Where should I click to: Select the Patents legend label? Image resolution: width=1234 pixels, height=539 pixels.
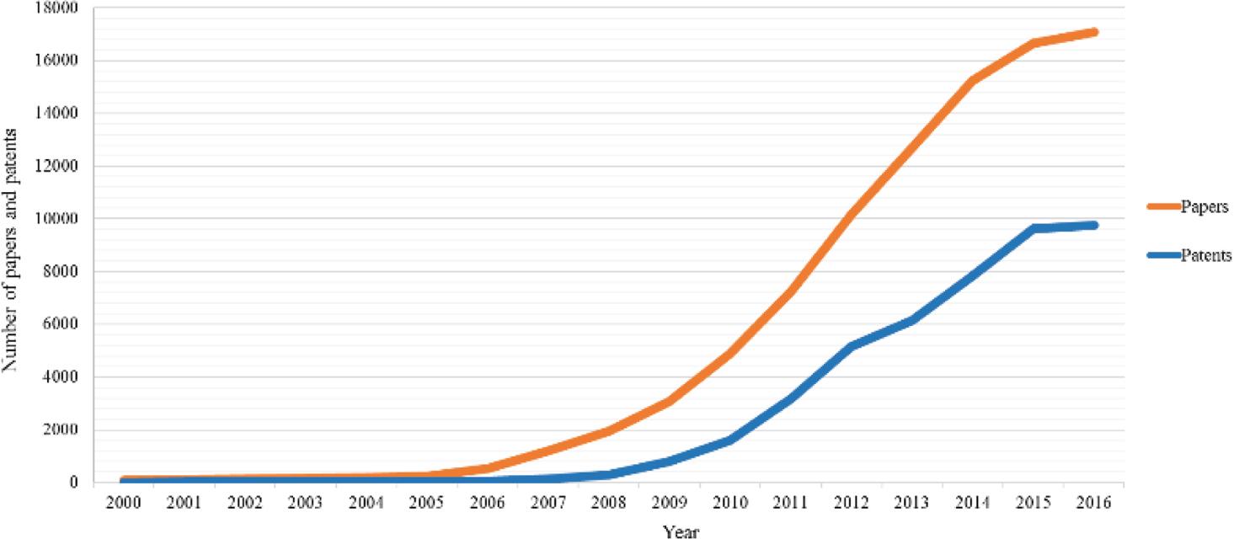click(1203, 256)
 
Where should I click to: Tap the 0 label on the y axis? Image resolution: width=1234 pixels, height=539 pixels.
click(75, 483)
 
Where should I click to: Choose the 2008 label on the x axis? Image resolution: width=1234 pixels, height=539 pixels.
click(608, 502)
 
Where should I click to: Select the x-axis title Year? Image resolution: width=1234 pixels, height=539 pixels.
click(681, 531)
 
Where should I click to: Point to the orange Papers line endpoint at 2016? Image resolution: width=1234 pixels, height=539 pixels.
click(1093, 32)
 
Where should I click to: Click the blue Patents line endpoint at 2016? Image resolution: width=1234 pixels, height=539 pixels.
click(1093, 225)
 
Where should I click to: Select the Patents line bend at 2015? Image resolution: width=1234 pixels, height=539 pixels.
click(1033, 228)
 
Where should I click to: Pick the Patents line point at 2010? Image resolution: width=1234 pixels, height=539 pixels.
click(729, 440)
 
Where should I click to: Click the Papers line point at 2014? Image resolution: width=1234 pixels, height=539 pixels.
click(972, 81)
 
